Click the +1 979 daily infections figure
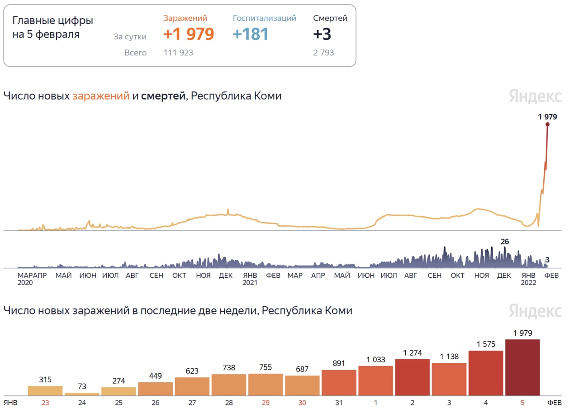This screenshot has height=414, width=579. (188, 34)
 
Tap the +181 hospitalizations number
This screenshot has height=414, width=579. (250, 34)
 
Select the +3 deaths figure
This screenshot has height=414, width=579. (322, 34)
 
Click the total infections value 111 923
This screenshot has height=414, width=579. (178, 52)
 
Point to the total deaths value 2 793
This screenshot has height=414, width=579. (323, 52)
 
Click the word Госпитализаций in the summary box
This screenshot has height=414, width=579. (265, 18)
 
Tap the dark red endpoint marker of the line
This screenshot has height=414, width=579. (547, 124)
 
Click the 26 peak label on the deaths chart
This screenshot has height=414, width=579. (505, 242)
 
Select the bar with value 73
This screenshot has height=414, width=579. (82, 394)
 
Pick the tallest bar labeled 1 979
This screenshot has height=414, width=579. (522, 367)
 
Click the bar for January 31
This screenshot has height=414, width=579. (339, 383)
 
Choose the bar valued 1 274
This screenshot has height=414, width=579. (412, 377)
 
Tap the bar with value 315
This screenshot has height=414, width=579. (45, 391)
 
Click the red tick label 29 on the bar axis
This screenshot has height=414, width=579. (266, 402)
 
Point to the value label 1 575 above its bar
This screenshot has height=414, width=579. (485, 344)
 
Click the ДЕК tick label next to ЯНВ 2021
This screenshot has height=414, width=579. (225, 275)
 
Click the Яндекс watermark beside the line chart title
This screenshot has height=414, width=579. (535, 96)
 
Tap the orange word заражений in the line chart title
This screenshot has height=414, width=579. (101, 96)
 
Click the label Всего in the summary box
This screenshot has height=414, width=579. (136, 52)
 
